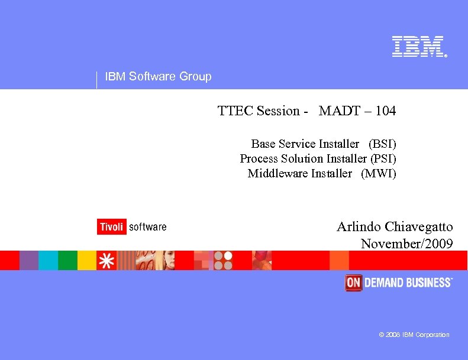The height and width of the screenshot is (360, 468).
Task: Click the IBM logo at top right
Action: (418, 47)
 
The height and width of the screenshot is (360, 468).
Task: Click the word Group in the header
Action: (195, 76)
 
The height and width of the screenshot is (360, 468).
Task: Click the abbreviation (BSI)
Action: (382, 144)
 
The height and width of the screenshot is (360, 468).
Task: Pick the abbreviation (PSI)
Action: (383, 158)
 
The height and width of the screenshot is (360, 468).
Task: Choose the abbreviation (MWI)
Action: (379, 173)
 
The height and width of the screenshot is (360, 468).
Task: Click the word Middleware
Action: (278, 173)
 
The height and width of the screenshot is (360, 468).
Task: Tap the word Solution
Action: (302, 158)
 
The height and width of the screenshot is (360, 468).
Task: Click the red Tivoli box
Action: (111, 227)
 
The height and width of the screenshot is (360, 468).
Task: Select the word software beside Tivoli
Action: (147, 227)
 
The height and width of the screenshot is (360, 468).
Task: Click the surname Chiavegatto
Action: (419, 227)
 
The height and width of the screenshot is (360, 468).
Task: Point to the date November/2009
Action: (406, 244)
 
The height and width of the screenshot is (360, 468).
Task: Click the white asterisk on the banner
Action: (106, 261)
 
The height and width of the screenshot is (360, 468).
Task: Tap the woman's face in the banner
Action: (166, 260)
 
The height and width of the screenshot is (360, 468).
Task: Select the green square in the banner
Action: (67, 260)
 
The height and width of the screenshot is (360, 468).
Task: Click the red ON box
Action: (353, 283)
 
